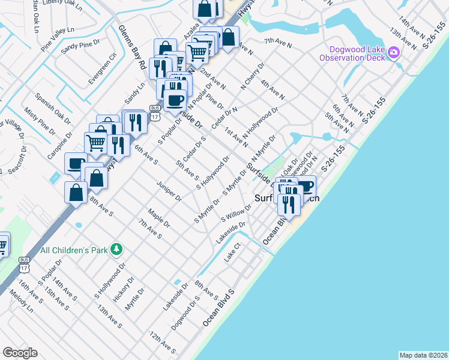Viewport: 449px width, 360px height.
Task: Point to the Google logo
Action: pos(20,352)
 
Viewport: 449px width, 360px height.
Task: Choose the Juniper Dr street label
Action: pos(168,190)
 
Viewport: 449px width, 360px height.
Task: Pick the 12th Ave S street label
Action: pos(162,342)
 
